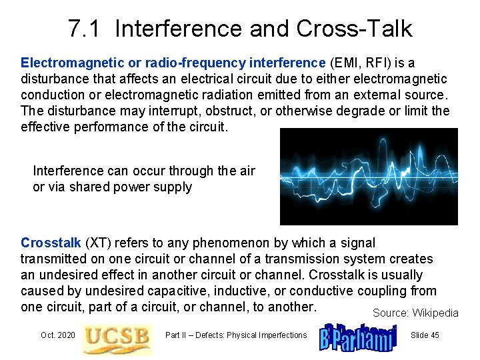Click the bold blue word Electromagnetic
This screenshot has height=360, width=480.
[73, 63]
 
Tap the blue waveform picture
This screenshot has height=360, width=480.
[369, 176]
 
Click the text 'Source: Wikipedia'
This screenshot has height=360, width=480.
[415, 313]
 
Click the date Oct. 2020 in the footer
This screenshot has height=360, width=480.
[57, 335]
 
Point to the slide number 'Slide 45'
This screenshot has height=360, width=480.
[425, 335]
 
